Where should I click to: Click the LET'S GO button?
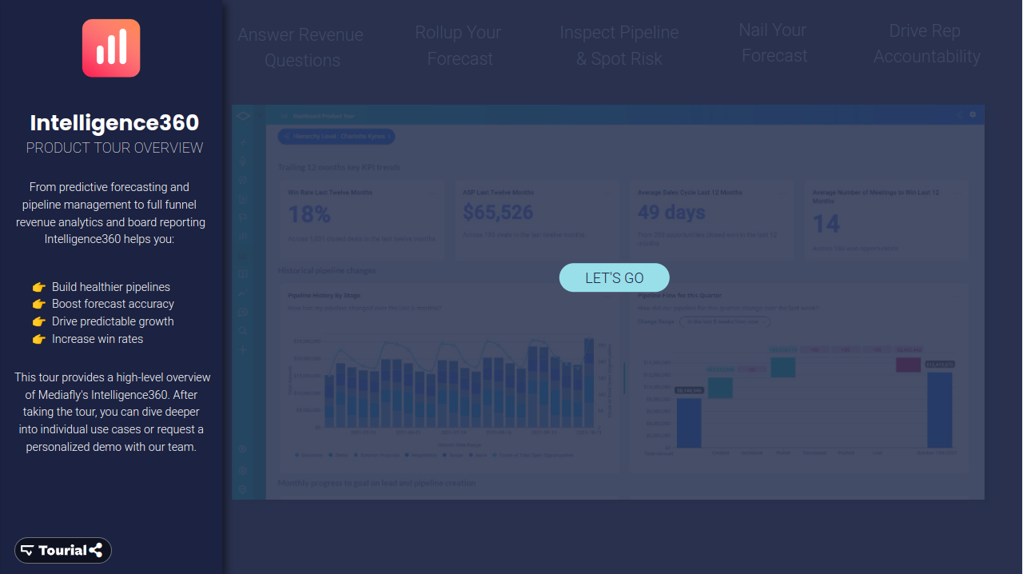(x=614, y=277)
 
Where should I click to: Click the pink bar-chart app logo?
(x=111, y=48)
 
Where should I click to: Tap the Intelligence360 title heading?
(x=114, y=122)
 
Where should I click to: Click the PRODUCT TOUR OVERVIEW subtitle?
(x=114, y=148)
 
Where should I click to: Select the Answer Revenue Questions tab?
(x=301, y=47)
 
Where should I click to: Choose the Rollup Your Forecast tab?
(x=459, y=46)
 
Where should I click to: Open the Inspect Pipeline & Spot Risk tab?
(x=619, y=46)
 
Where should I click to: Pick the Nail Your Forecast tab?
(x=773, y=43)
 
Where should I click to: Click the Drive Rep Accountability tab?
(x=925, y=44)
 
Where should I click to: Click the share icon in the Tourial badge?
(x=96, y=550)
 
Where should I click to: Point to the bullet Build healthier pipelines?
(x=110, y=287)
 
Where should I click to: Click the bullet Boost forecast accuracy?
(x=113, y=304)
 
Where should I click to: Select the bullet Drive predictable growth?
(x=113, y=321)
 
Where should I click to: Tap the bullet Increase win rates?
(x=98, y=339)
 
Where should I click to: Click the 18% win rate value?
(x=309, y=213)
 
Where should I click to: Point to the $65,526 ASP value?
(x=498, y=212)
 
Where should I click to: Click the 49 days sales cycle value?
(x=671, y=212)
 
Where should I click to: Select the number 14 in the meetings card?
(x=826, y=224)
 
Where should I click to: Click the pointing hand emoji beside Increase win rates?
(x=38, y=339)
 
